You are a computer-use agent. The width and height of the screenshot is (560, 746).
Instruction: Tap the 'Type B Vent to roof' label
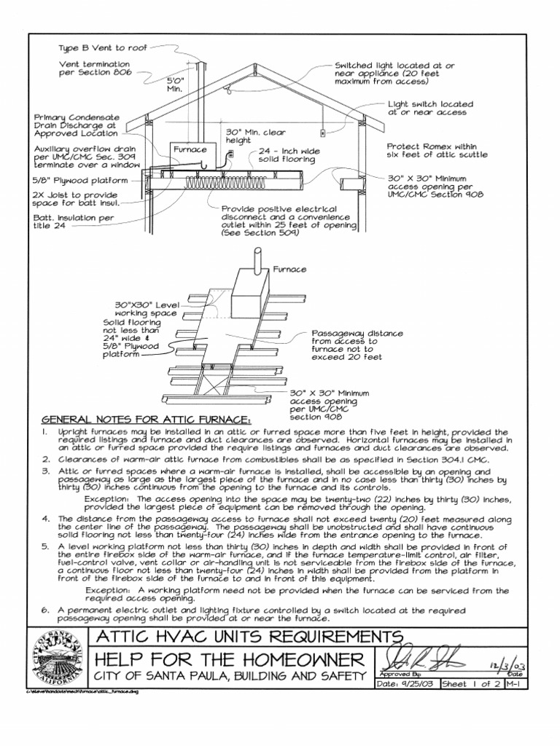click(103, 47)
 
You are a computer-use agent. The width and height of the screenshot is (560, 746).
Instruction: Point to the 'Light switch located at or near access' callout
click(429, 109)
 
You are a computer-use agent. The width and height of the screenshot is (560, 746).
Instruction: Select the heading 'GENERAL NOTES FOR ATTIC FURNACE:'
click(146, 420)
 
